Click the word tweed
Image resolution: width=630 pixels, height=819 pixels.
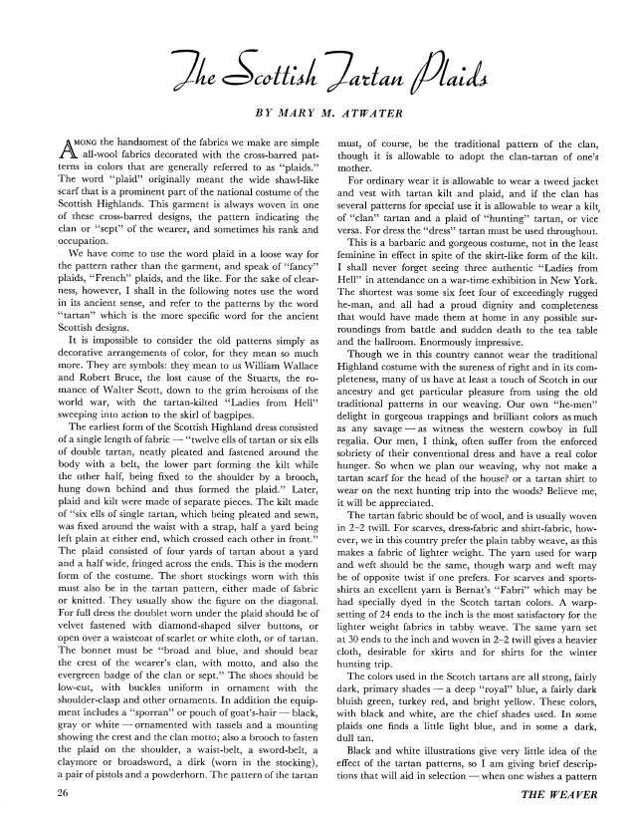point(555,180)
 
